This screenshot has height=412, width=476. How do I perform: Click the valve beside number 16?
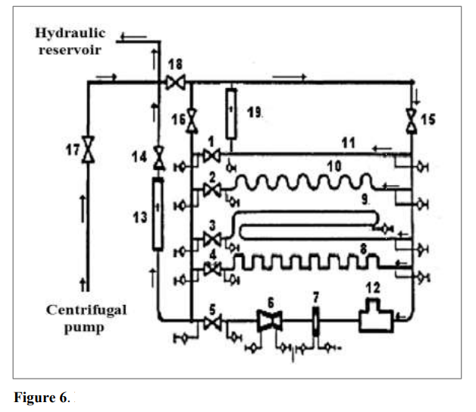[193, 119]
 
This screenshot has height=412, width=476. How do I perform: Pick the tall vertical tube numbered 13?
[158, 215]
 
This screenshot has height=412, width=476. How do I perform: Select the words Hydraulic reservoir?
[68, 42]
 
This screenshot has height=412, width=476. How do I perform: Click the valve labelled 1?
[211, 156]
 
